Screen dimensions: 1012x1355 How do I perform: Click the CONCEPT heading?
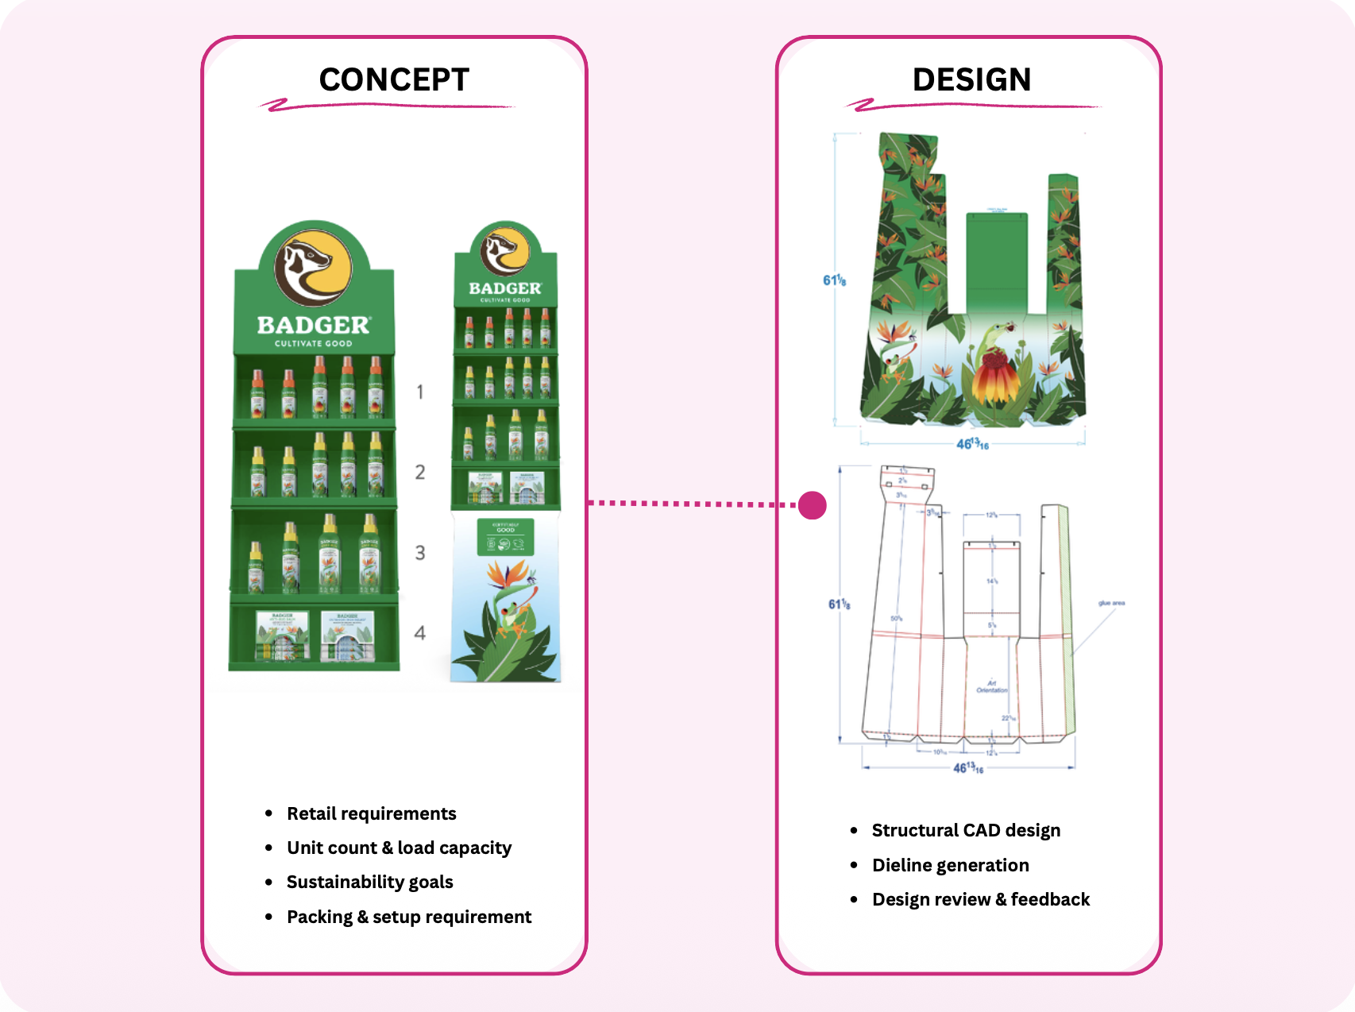tap(394, 79)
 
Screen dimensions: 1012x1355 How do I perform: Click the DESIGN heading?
tap(971, 79)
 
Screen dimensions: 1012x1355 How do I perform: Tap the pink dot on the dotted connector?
tap(812, 504)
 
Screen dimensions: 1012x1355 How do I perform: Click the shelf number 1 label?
tap(419, 392)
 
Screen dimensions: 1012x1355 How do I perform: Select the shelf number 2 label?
tap(419, 472)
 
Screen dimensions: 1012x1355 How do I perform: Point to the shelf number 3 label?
tap(419, 552)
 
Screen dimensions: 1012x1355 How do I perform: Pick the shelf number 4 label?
tap(419, 632)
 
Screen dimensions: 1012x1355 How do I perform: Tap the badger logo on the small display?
tap(505, 251)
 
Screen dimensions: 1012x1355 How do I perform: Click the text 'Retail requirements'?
tap(371, 813)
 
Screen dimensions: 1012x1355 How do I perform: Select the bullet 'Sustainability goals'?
tap(369, 882)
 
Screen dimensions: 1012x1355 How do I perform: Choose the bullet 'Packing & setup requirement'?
tap(408, 917)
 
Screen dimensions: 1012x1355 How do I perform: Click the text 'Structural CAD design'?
tap(966, 830)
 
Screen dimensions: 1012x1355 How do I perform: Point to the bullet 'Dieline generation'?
tap(950, 865)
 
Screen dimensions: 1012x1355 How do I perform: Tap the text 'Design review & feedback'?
tap(980, 899)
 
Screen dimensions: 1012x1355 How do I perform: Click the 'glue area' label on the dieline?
tap(1111, 603)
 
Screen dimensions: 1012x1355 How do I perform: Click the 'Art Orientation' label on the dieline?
tap(991, 686)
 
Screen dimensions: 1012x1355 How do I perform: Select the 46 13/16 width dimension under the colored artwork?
tap(972, 444)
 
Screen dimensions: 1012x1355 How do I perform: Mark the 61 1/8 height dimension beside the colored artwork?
tap(834, 280)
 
